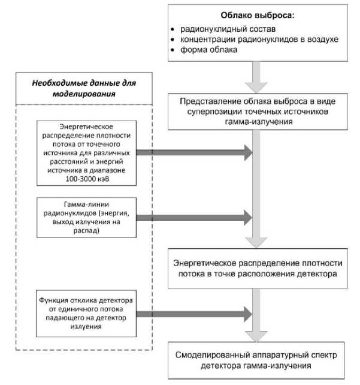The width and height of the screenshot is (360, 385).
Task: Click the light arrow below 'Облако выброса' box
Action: point(257,75)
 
